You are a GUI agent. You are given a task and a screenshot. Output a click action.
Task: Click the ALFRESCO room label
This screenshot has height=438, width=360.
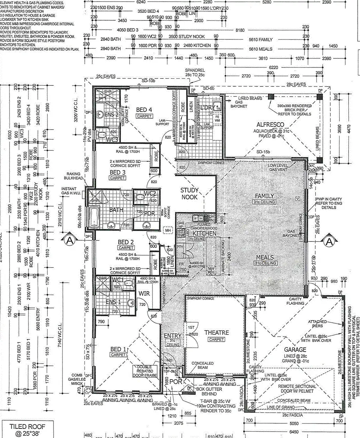271,125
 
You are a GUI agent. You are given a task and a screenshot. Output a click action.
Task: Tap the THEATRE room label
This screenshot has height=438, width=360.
217,333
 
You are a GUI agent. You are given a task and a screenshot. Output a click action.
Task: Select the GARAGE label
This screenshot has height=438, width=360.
295,350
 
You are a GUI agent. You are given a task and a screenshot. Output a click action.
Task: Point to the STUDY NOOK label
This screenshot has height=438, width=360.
189,193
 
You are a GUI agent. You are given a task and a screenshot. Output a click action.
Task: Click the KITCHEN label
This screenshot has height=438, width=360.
205,233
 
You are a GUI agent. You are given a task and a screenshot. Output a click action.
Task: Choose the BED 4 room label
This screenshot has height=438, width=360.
144,109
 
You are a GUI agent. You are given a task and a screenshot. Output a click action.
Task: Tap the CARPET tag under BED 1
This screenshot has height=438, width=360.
119,355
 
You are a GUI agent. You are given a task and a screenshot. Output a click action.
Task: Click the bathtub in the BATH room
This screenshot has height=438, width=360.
95,217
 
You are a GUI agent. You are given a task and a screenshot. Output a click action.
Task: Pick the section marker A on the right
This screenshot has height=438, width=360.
329,241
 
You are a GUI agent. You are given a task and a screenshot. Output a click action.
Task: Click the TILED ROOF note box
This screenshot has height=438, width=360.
28,429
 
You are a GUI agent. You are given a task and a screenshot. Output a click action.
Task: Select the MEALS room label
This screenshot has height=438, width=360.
265,257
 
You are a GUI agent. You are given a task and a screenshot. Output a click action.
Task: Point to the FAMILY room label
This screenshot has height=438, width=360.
264,196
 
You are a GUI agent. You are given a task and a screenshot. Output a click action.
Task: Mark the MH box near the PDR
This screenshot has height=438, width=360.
168,230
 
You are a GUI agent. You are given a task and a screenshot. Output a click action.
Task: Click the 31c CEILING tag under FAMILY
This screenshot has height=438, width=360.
265,202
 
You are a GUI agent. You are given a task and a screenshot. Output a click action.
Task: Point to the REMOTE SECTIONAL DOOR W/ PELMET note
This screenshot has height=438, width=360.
297,389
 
